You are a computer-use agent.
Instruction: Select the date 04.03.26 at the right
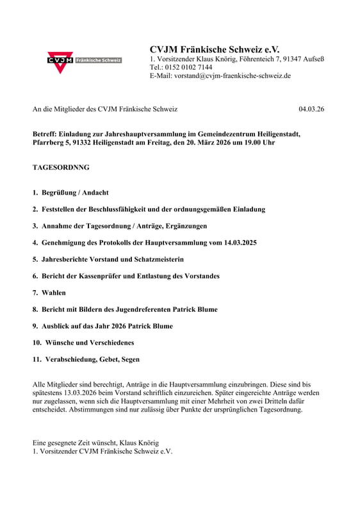coord(311,109)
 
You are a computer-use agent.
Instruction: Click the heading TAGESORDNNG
coord(61,168)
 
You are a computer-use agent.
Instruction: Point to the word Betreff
coord(45,134)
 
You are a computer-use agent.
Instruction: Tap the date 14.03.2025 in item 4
coord(234,243)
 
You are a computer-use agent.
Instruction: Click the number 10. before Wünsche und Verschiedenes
coord(37,343)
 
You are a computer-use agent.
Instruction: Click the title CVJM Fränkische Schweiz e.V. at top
coord(215,49)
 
